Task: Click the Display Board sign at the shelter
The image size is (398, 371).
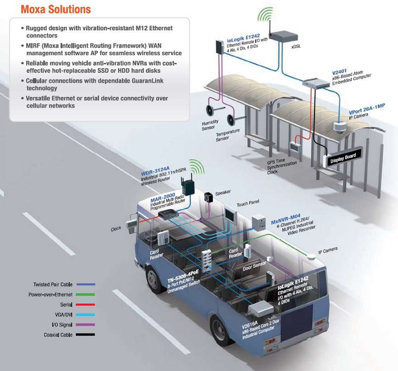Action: [343, 157]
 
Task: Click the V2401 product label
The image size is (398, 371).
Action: [339, 72]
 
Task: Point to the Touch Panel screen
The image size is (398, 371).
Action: [230, 214]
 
